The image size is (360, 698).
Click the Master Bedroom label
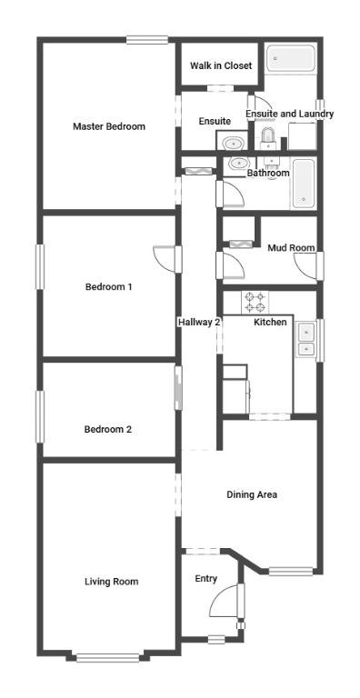point(109,126)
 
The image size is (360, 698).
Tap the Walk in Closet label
point(221,65)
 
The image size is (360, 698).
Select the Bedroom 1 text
point(108,286)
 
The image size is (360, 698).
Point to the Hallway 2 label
point(199,322)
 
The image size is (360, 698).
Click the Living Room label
point(112,582)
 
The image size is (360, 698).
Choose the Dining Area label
point(252,494)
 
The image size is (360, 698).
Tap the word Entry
point(205,579)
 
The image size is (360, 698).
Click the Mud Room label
point(291,247)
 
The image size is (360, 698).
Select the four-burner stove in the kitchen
point(255,303)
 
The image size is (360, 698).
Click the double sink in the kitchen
point(305,340)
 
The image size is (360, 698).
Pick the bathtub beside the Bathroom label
point(304,183)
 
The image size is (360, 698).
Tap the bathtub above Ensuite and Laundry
point(285,58)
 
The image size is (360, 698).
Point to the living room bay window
point(108,657)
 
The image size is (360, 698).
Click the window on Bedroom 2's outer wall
point(40,416)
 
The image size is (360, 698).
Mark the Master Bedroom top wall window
point(147,40)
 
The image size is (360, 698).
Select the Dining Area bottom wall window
point(291,571)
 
